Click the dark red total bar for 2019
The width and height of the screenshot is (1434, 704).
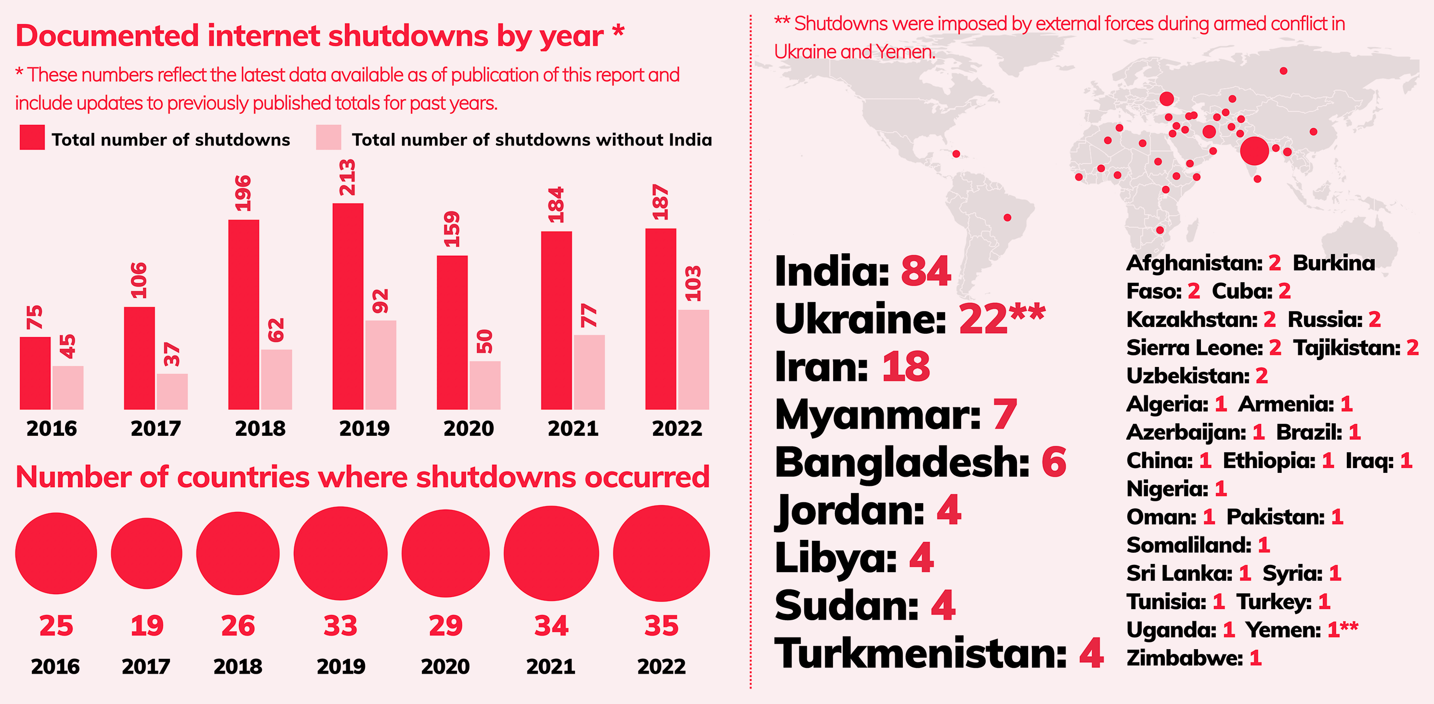[x=348, y=306]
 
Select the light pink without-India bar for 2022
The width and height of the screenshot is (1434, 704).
[x=693, y=360]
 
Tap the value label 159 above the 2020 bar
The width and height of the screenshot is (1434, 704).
[x=452, y=229]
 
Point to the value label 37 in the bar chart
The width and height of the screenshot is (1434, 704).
[x=172, y=354]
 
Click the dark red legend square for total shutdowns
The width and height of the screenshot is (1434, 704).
[x=32, y=137]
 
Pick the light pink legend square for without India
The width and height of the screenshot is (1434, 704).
[x=328, y=137]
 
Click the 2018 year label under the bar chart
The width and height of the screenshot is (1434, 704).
[x=260, y=429]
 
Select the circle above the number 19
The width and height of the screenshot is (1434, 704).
[x=146, y=553]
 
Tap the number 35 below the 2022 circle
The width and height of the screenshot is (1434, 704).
[x=661, y=626]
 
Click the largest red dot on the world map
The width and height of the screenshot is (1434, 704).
[x=1254, y=151]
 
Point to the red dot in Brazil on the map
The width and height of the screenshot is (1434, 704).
[x=1007, y=218]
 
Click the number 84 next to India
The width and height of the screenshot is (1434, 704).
[x=926, y=271]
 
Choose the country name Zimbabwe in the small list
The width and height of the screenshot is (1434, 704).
[x=1185, y=658]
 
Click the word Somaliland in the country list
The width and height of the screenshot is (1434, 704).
[x=1189, y=546]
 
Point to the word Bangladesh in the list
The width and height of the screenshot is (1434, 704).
[x=902, y=463]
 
